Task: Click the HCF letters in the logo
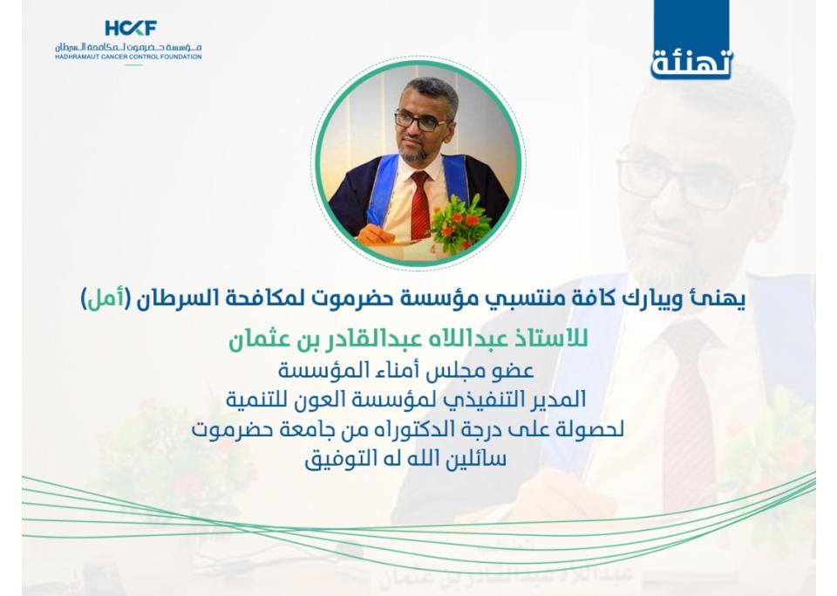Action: (131, 28)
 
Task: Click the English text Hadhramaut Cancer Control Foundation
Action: (128, 57)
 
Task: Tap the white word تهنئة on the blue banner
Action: (691, 64)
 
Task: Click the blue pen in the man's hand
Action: (374, 216)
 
